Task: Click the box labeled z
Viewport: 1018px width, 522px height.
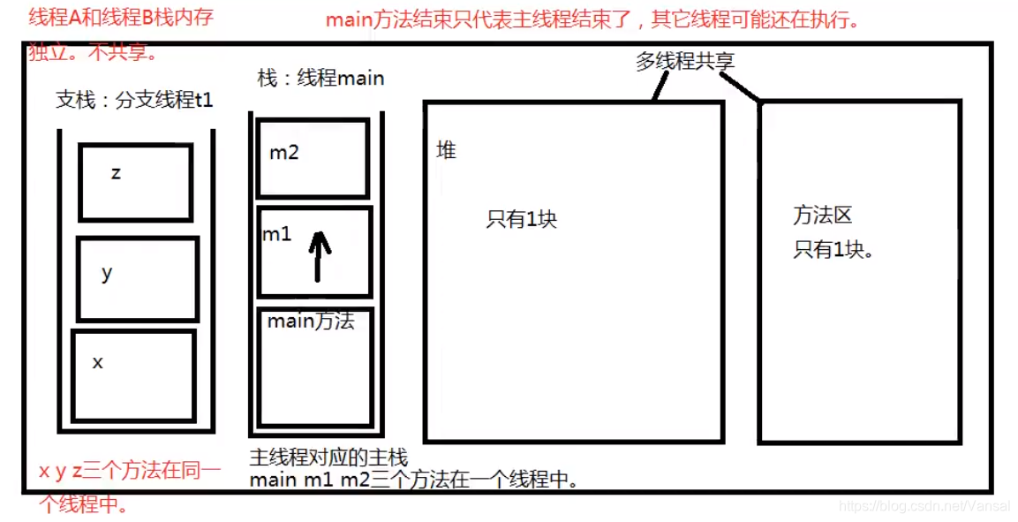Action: coord(135,182)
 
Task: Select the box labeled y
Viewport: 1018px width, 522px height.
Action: coord(136,279)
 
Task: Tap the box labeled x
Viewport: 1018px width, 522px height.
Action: coord(133,375)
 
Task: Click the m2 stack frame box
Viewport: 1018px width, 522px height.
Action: coord(313,159)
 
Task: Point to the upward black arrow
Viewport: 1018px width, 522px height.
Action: coord(320,254)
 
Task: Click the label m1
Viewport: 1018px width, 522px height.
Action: coord(276,234)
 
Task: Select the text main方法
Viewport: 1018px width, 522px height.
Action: coord(311,322)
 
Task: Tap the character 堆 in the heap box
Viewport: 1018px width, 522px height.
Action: coord(446,150)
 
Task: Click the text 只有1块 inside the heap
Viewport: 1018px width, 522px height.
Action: coord(521,219)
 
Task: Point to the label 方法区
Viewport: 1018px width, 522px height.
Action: coord(821,215)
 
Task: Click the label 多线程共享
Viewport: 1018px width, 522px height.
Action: coord(685,61)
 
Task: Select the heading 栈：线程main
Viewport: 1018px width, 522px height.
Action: coord(320,78)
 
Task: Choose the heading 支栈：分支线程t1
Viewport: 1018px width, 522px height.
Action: coord(134,100)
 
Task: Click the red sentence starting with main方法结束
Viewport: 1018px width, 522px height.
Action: coord(593,19)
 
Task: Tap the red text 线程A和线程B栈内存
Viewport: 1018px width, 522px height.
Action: coord(121,17)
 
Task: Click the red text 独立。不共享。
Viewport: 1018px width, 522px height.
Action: coord(93,51)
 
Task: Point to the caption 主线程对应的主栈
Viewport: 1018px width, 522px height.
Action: coord(328,458)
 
